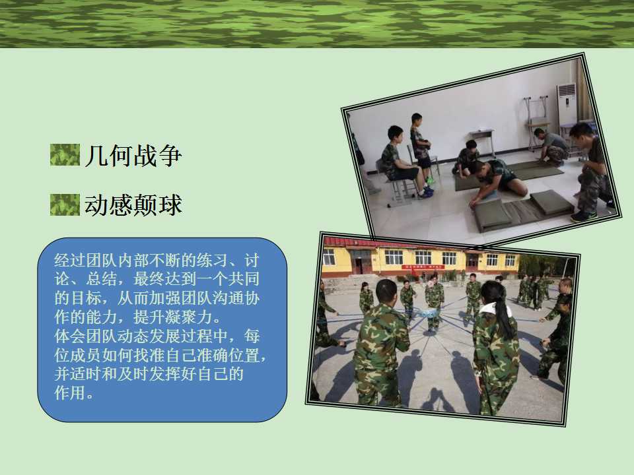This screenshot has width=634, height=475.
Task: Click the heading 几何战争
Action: point(133,156)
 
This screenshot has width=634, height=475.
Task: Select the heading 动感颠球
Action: point(133,205)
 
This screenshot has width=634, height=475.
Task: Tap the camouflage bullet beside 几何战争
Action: point(65,154)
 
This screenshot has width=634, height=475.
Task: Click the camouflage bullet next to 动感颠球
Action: point(65,205)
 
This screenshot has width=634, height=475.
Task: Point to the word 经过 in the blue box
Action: point(70,261)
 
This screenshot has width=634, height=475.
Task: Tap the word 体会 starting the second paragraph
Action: point(70,336)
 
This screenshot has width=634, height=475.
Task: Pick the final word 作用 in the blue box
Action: point(70,393)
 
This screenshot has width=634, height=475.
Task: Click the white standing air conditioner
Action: point(567,104)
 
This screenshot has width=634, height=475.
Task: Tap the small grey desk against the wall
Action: point(482,141)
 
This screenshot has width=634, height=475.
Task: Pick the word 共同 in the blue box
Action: point(244,279)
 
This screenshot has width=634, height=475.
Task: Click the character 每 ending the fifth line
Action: point(251,336)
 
